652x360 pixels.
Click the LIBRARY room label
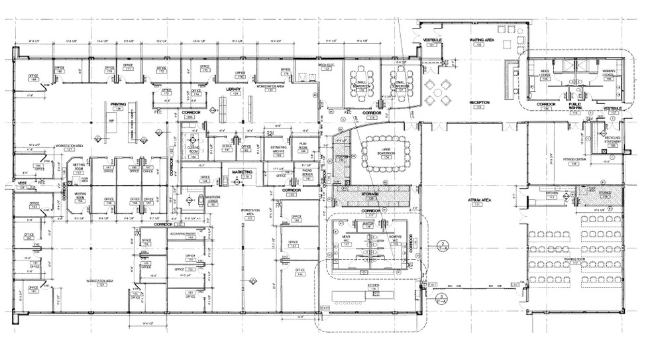(233, 89)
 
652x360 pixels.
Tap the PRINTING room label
(118, 104)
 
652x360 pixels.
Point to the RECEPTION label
(479, 103)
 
